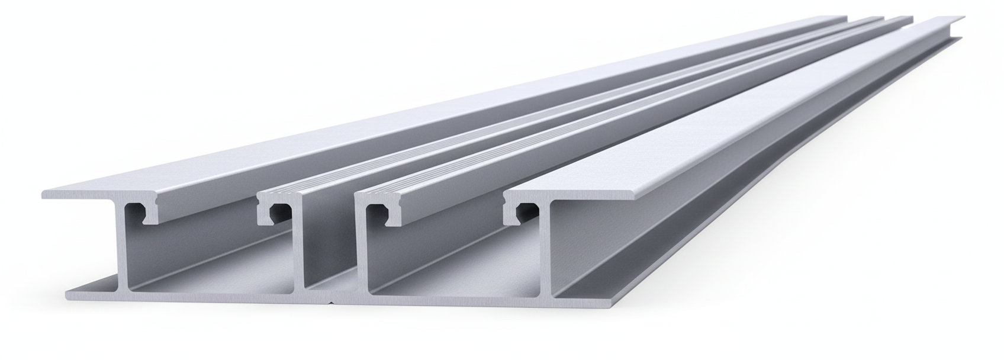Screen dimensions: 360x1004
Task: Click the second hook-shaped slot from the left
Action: [x=275, y=212]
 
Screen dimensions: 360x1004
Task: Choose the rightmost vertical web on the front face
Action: [x=549, y=249]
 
